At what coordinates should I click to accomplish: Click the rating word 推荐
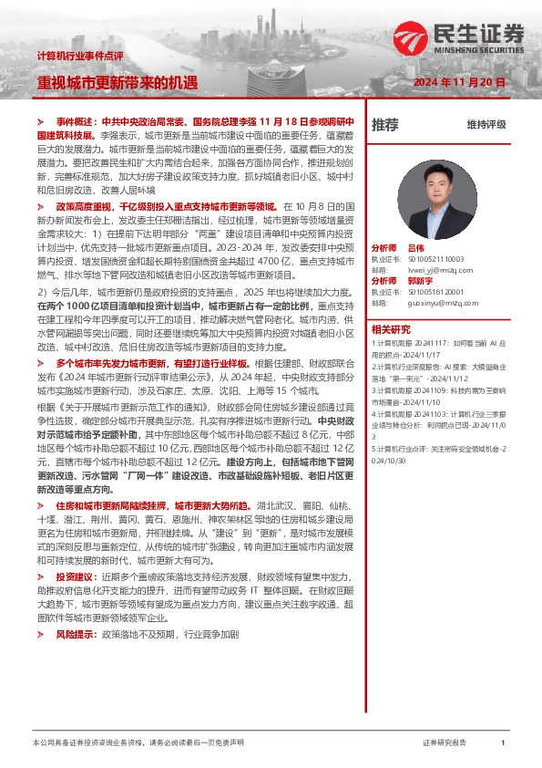tap(384, 125)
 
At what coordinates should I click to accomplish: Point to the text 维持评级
tap(486, 125)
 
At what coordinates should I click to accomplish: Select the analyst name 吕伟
tap(415, 248)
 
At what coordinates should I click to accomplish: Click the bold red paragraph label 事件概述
tap(75, 120)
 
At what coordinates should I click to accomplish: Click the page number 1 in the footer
tap(503, 743)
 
